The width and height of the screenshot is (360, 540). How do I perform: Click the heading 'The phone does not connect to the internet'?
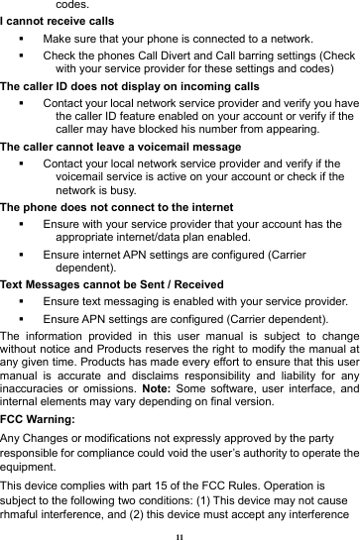112,209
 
